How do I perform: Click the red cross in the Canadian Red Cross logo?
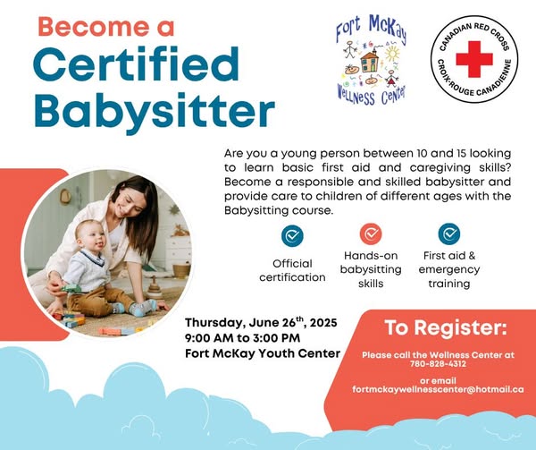point(474,59)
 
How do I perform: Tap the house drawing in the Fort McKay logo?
point(371,61)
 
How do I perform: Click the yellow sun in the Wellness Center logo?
point(392,54)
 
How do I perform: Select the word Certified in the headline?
point(137,64)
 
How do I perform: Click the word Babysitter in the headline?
point(155,110)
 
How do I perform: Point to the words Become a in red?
point(106,27)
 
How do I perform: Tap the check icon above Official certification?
point(292,236)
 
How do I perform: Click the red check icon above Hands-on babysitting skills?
point(371,234)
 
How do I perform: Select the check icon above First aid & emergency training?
point(449,234)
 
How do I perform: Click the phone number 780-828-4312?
point(438,364)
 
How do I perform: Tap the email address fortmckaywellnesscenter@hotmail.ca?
point(438,389)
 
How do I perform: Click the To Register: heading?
point(446,327)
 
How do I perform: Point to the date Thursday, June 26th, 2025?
point(261,322)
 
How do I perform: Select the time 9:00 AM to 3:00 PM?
point(242,338)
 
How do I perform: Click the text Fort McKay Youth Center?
point(263,353)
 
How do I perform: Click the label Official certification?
point(292,270)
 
